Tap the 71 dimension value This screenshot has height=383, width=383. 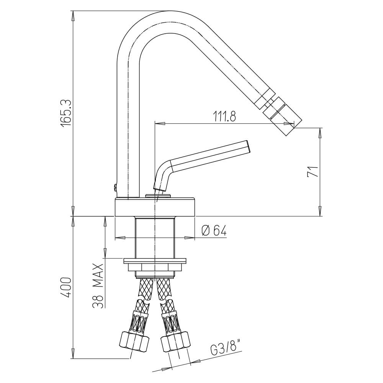pyautogui.click(x=313, y=171)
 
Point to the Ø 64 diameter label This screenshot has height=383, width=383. pyautogui.click(x=214, y=230)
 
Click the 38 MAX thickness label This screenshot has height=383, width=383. pyautogui.click(x=98, y=286)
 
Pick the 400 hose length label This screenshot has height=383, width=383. pyautogui.click(x=66, y=287)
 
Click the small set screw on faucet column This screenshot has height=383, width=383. pyautogui.click(x=114, y=187)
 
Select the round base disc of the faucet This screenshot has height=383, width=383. pyautogui.click(x=155, y=207)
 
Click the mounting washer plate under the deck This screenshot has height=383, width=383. pyautogui.click(x=155, y=261)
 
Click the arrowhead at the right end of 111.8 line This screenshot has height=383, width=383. pyautogui.click(x=291, y=123)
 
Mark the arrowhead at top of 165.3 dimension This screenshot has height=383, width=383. pyautogui.click(x=73, y=15)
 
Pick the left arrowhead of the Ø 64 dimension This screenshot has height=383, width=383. pyautogui.click(x=119, y=238)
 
